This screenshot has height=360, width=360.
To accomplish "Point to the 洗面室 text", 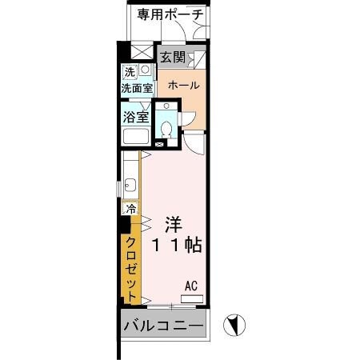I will click(137, 90).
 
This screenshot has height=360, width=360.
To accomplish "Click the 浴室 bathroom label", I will click(136, 117).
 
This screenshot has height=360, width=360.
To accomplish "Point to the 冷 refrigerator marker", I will click(130, 209).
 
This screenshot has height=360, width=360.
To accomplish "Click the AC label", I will click(191, 285).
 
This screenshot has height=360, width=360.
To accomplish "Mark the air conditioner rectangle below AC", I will click(192, 298).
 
